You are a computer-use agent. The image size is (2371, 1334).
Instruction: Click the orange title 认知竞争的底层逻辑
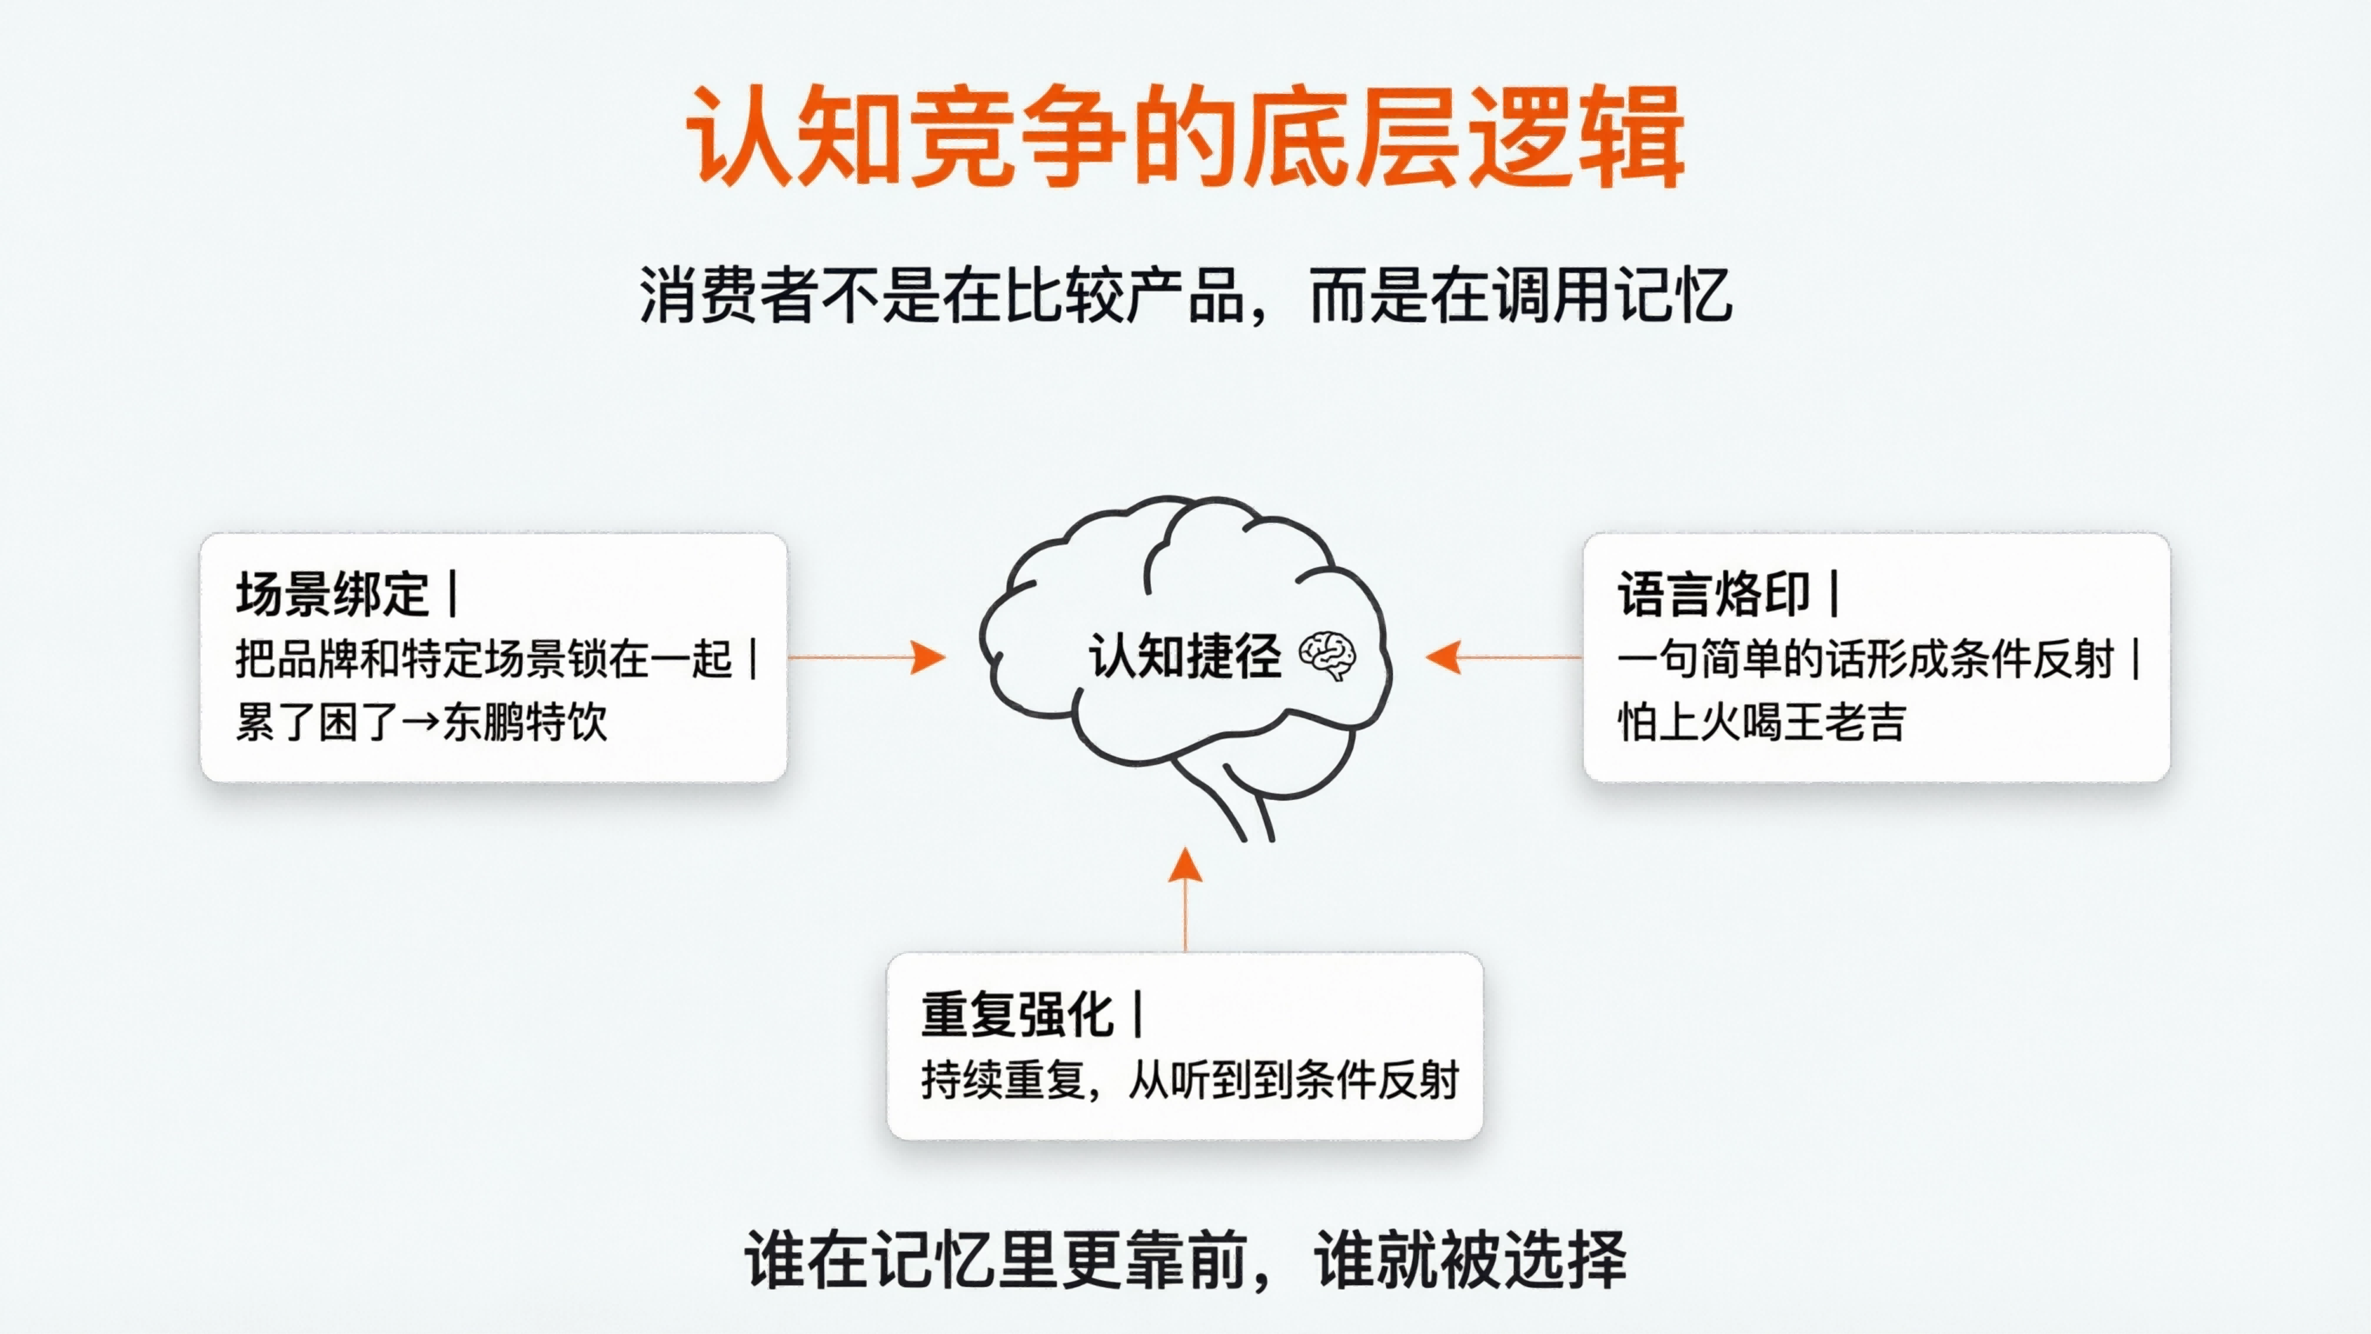tap(1185, 138)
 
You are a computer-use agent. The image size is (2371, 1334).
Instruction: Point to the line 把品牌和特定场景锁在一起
tap(483, 659)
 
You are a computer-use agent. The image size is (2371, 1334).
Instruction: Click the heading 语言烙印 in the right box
tap(1714, 594)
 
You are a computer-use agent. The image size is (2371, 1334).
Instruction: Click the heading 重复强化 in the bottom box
tap(1018, 1014)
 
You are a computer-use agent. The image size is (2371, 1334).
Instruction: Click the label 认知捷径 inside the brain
tap(1185, 657)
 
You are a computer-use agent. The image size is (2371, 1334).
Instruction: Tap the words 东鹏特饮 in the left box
tap(525, 722)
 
